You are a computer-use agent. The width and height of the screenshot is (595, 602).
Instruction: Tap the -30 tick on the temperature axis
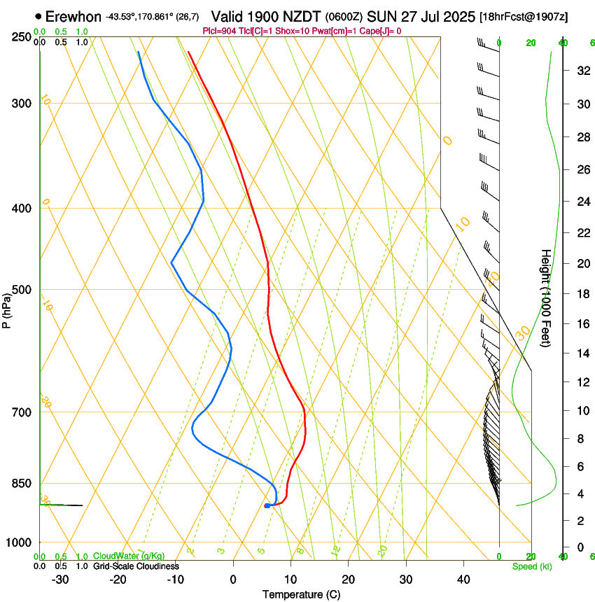(x=60, y=580)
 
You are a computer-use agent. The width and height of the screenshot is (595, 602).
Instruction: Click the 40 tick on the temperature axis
(x=463, y=580)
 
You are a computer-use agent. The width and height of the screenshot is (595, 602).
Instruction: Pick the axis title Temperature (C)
(x=301, y=594)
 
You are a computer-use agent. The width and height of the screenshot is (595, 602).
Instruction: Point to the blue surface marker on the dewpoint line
(x=267, y=505)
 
